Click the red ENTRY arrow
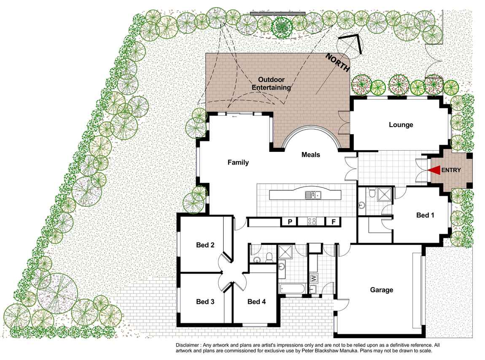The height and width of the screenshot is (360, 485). point(434,170)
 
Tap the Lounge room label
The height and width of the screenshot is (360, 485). point(401,125)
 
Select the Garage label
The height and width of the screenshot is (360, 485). point(381,290)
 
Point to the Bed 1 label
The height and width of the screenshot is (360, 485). point(425,215)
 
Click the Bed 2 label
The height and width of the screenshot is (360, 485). point(205,245)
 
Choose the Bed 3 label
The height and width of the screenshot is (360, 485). point(205,301)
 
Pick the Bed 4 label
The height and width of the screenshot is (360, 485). point(256,301)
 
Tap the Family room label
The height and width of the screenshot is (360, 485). point(238,162)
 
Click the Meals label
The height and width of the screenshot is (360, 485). point(310,155)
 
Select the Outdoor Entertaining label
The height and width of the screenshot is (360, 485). point(271,84)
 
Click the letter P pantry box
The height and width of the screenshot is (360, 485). point(290,222)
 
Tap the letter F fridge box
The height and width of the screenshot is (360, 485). point(334,222)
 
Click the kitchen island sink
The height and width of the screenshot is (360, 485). point(313,195)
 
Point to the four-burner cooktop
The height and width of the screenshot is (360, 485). point(312,221)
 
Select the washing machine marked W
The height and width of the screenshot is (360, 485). point(314,279)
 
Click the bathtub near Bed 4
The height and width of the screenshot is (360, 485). point(292,289)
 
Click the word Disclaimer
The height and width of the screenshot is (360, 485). point(187,345)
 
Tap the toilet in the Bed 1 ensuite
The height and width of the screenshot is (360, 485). point(372,193)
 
